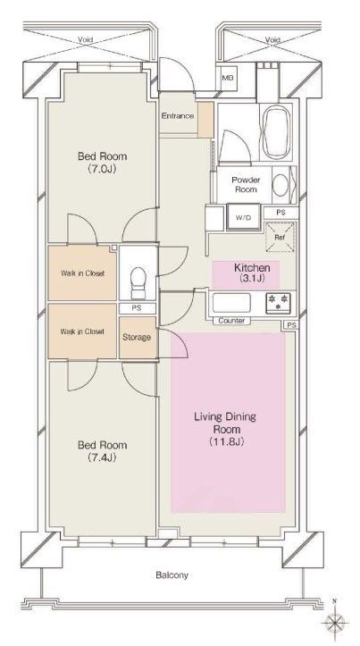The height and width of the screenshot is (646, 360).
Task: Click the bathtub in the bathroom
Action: click(276, 131)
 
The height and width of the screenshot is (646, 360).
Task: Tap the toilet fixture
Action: click(138, 282)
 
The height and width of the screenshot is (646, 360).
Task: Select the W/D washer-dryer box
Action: click(244, 217)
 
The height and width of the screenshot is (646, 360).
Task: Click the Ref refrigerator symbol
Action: click(280, 237)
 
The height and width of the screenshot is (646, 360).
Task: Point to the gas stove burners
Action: click(278, 303)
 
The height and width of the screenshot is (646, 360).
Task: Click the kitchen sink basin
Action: click(231, 303)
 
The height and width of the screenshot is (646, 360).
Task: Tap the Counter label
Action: click(231, 321)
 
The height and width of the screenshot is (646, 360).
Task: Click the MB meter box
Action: click(228, 78)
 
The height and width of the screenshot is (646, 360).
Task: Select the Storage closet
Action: click(138, 338)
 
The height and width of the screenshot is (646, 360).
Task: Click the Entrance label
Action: click(177, 116)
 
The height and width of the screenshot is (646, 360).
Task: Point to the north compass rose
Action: click(335, 621)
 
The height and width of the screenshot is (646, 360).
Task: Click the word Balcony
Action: click(172, 575)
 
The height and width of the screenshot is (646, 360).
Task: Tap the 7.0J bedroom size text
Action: click(102, 169)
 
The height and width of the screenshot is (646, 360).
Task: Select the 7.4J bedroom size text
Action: click(102, 457)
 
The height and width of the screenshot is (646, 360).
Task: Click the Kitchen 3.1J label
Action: click(252, 273)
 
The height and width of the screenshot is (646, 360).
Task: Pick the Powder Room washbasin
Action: click(280, 185)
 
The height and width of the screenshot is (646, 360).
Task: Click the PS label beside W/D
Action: click(280, 213)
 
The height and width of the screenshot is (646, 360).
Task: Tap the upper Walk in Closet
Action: click(82, 273)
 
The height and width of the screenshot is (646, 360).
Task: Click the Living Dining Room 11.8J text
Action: click(225, 429)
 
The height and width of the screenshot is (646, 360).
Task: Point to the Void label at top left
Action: click(85, 40)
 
